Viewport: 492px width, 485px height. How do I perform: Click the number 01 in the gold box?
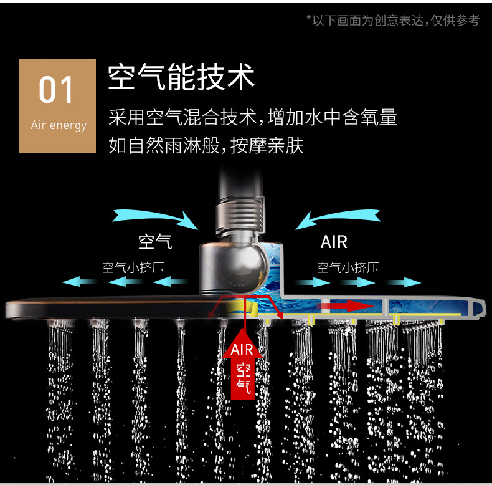coord(56,90)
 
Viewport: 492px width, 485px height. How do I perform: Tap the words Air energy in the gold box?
coord(59,125)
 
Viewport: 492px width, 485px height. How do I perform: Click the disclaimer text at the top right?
coord(393,21)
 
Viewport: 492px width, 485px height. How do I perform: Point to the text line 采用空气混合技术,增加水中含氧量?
coord(252,117)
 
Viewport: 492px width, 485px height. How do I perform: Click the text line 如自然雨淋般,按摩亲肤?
coord(206,145)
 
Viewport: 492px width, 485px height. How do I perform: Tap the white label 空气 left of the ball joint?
coord(155,241)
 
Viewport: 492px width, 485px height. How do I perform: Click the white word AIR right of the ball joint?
coord(334,242)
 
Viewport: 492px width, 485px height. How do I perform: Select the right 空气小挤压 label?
coord(348,268)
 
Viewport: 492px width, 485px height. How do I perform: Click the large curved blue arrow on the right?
coord(339,219)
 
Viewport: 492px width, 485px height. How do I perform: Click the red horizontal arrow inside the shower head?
coord(341,305)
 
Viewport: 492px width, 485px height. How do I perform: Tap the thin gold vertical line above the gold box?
coord(44,42)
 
